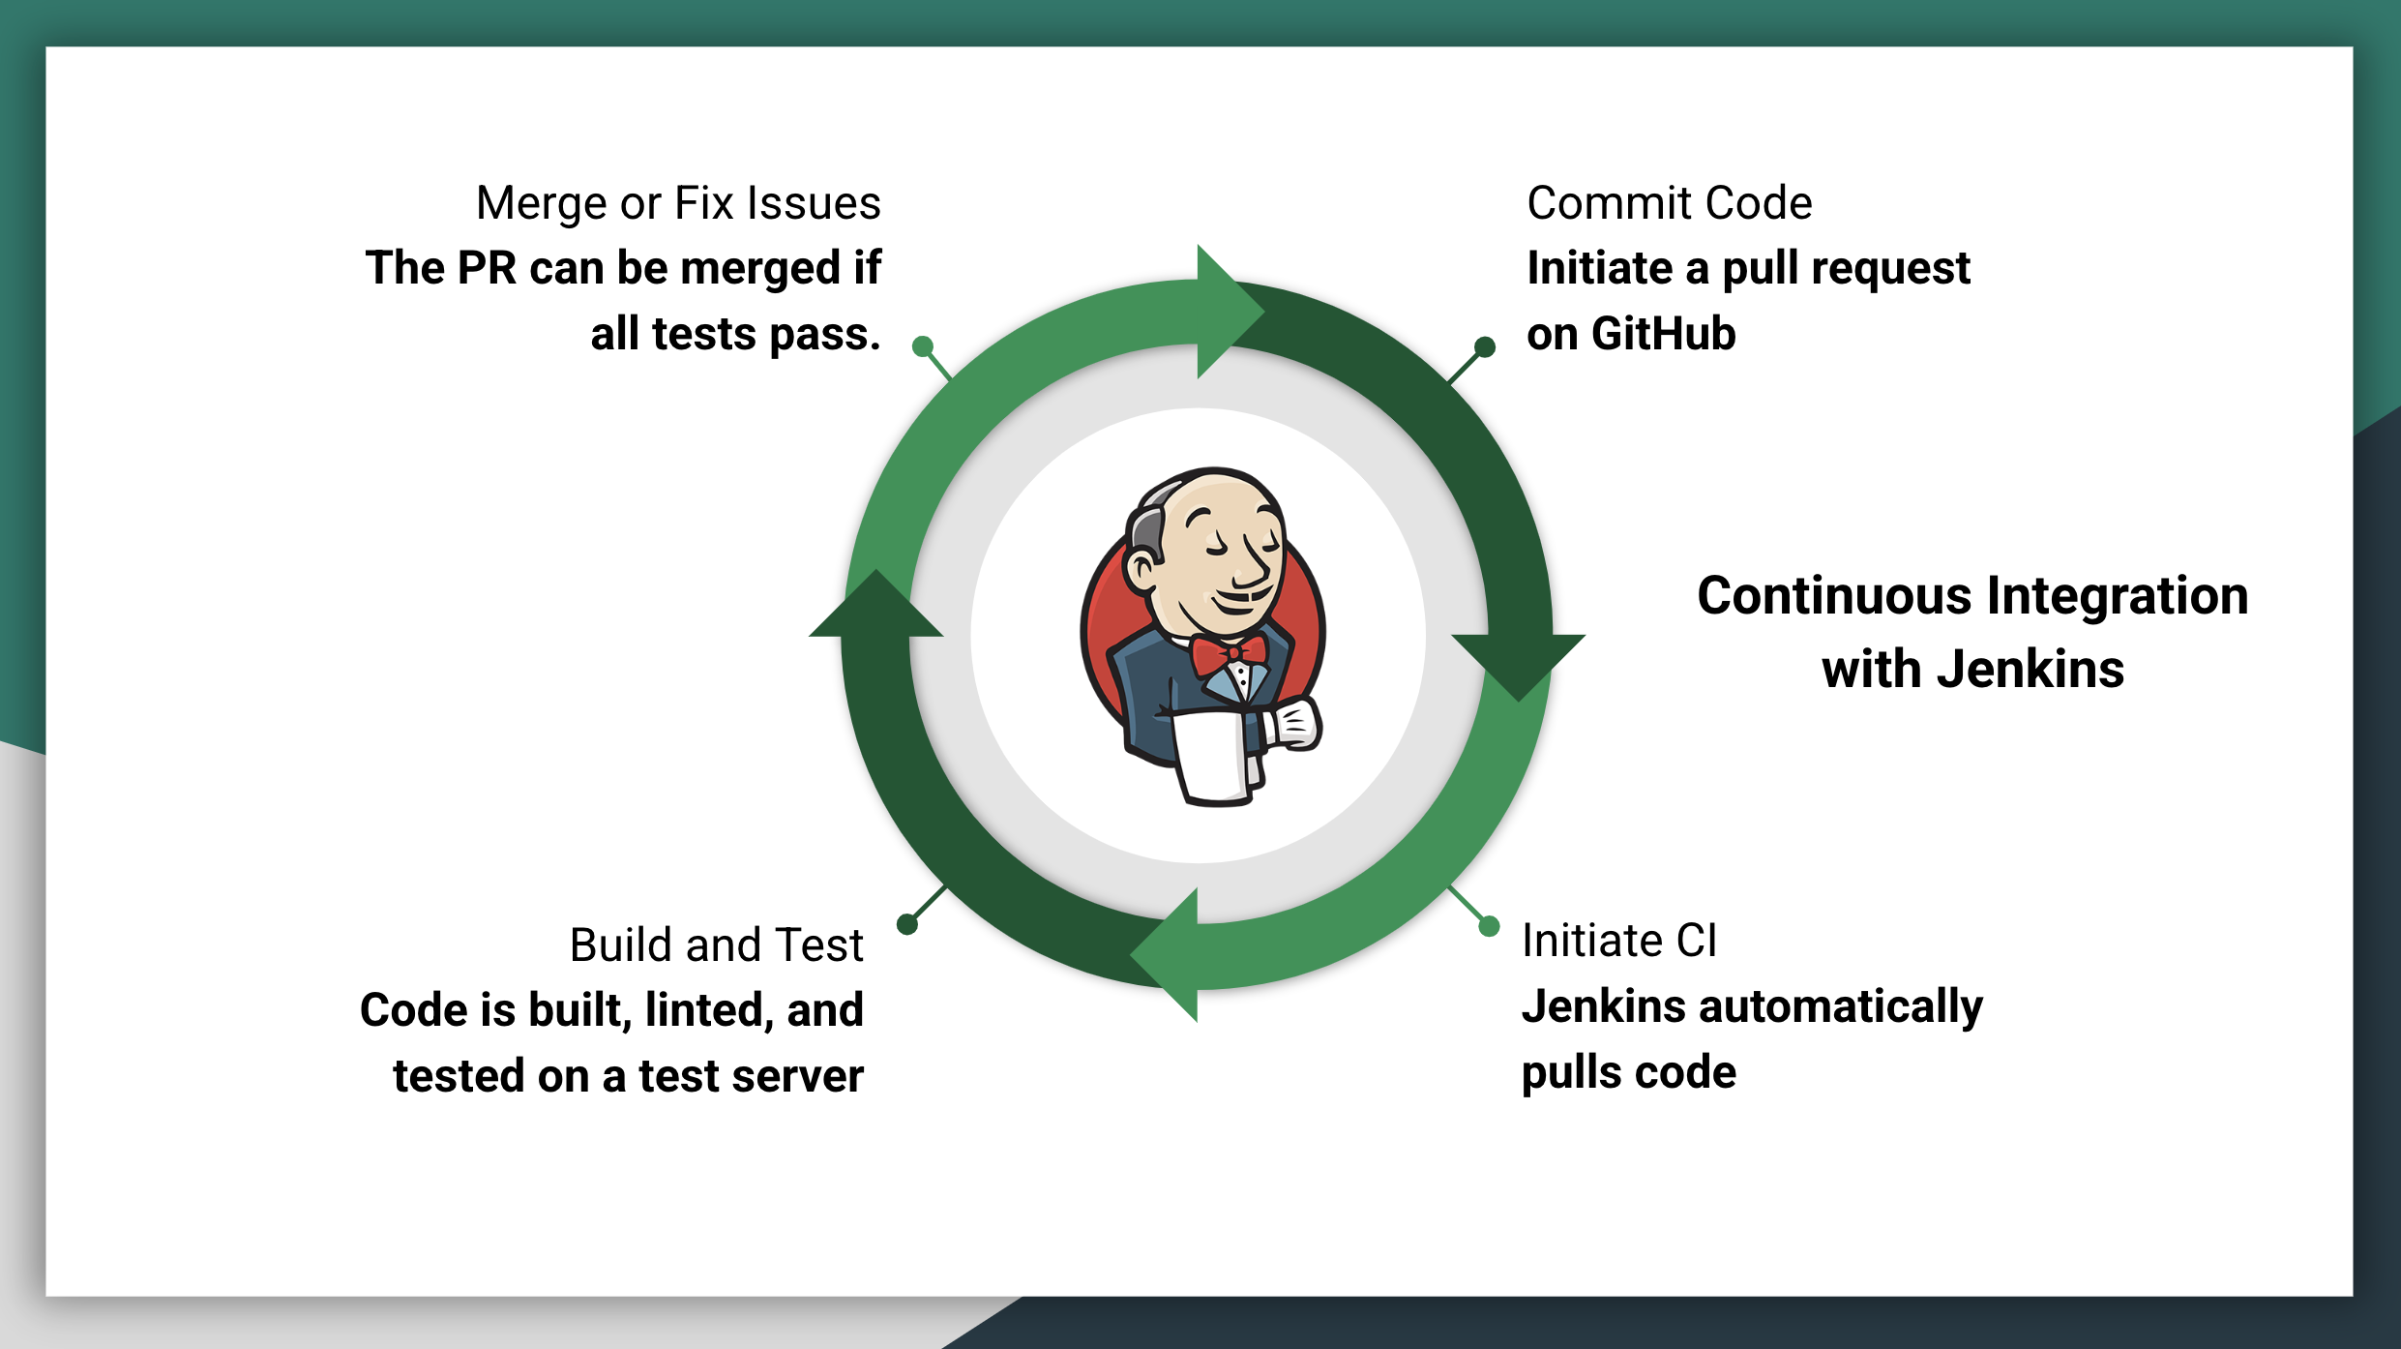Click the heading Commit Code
pos(1669,203)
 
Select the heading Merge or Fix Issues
pos(678,204)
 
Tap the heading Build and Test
pos(716,944)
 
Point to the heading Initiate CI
pos(1619,941)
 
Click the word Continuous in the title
pos(1834,595)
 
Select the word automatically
pos(1841,1008)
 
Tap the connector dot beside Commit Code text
pos(1485,346)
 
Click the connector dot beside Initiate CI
pos(1490,926)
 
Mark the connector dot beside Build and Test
pos(907,924)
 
